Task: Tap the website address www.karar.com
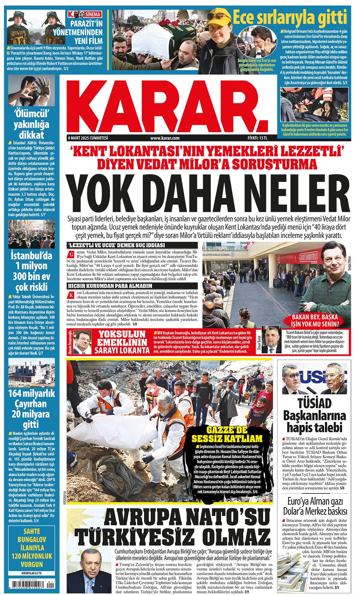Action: pyautogui.click(x=165, y=138)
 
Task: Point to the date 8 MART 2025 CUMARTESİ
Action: pyautogui.click(x=88, y=138)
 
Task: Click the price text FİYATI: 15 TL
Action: pyautogui.click(x=257, y=138)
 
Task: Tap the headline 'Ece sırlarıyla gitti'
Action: pyautogui.click(x=290, y=17)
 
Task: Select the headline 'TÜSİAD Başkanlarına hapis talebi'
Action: pyautogui.click(x=314, y=415)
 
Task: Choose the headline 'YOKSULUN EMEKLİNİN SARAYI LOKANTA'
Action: pyautogui.click(x=122, y=342)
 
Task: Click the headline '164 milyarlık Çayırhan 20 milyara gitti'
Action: pyautogui.click(x=31, y=409)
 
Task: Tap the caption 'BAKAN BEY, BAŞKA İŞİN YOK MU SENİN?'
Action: pyautogui.click(x=315, y=320)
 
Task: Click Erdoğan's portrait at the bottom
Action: pyautogui.click(x=89, y=573)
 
